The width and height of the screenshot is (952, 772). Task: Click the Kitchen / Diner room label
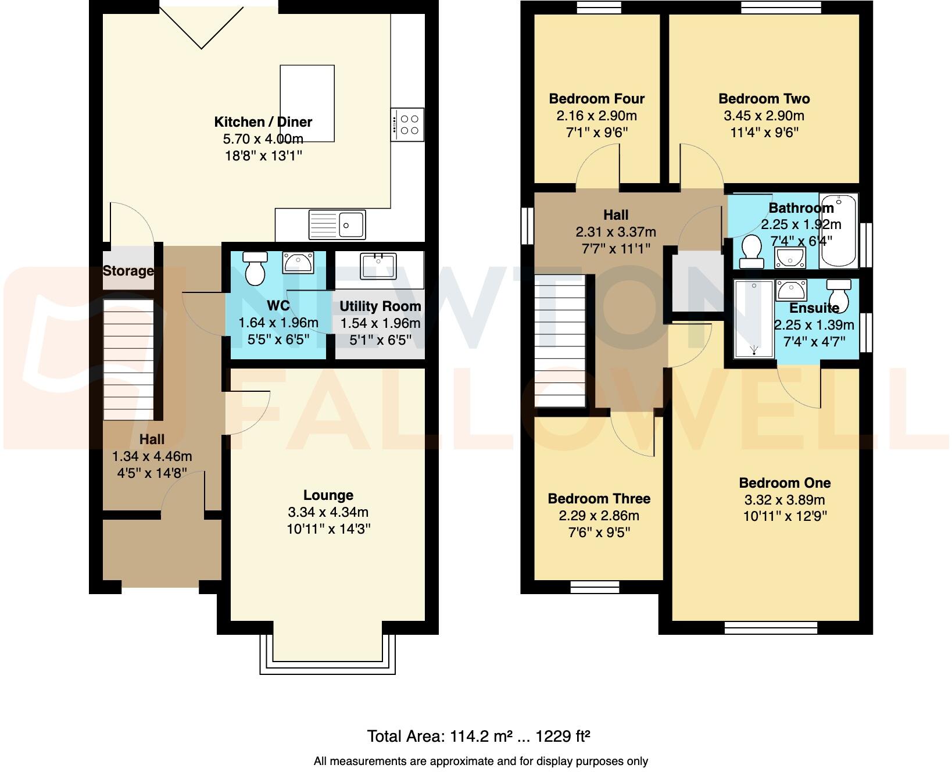pyautogui.click(x=263, y=122)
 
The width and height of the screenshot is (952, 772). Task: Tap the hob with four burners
pyautogui.click(x=408, y=124)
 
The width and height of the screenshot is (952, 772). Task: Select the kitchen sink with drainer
pyautogui.click(x=338, y=224)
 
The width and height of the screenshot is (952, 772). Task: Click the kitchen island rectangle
pyautogui.click(x=307, y=103)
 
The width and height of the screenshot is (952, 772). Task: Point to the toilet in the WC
pyautogui.click(x=255, y=268)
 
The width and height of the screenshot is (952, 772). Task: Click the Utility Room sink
pyautogui.click(x=378, y=266)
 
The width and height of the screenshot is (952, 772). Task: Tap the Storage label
pyautogui.click(x=128, y=271)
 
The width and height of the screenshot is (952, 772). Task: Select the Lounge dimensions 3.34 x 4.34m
pyautogui.click(x=328, y=512)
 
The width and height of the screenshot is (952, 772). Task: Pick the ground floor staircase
pyautogui.click(x=128, y=360)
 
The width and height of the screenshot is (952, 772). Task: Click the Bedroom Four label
pyautogui.click(x=596, y=99)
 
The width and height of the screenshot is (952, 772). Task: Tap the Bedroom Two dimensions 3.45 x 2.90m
pyautogui.click(x=764, y=116)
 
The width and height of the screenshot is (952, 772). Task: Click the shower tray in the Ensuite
pyautogui.click(x=754, y=319)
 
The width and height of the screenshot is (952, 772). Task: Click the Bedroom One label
pyautogui.click(x=784, y=483)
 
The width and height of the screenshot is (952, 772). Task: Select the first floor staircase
pyautogui.click(x=560, y=341)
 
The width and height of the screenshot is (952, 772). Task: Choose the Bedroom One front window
pyautogui.click(x=771, y=628)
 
